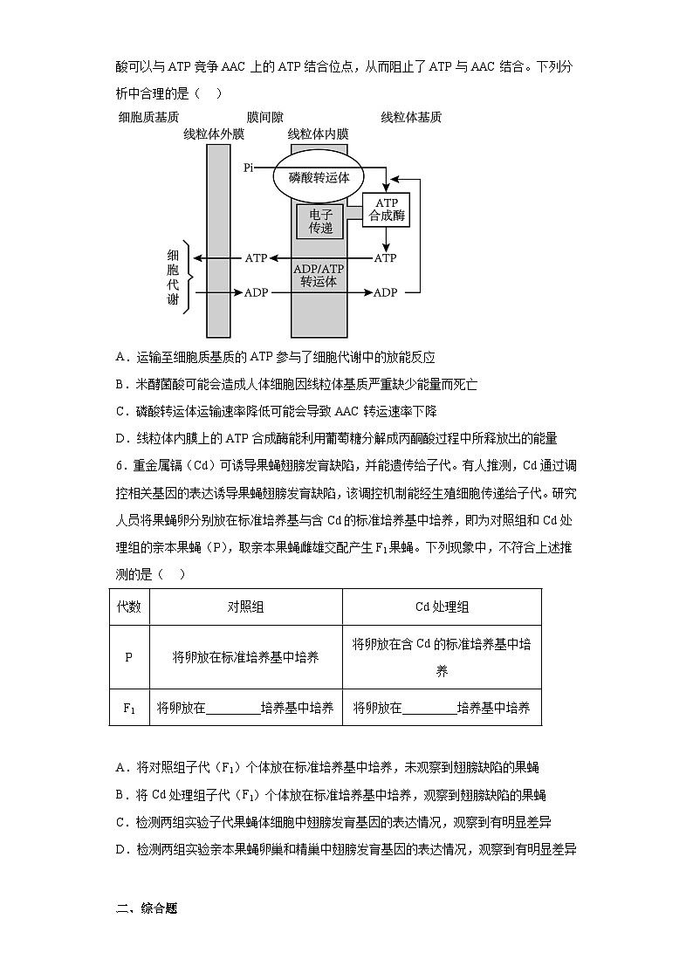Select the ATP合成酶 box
pos(386,210)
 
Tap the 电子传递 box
pos(320,221)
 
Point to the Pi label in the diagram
pos(249,167)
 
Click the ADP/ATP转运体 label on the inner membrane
pos(319,275)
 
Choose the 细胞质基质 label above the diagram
pos(148,117)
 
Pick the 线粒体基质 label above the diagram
pos(411,117)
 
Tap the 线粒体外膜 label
pos(213,134)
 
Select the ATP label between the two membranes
pos(256,258)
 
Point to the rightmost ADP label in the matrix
pos(385,292)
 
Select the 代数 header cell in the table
pos(128,607)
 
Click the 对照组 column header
pos(245,607)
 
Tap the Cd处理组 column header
pos(442,607)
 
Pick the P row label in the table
pos(128,656)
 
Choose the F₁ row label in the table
pos(128,708)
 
